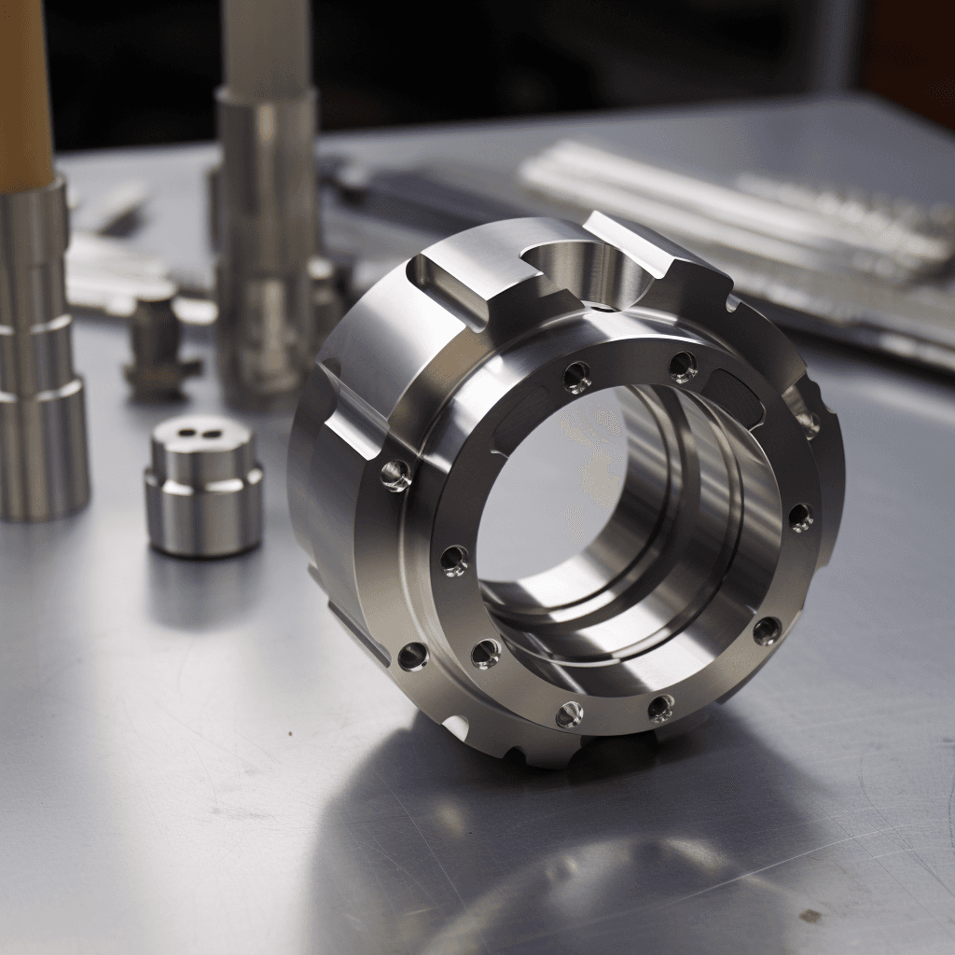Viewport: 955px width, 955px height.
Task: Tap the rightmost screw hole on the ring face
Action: click(x=800, y=517)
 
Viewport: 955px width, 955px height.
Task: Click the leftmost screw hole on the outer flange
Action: click(x=395, y=475)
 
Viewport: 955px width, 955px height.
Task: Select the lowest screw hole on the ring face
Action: click(x=569, y=714)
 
